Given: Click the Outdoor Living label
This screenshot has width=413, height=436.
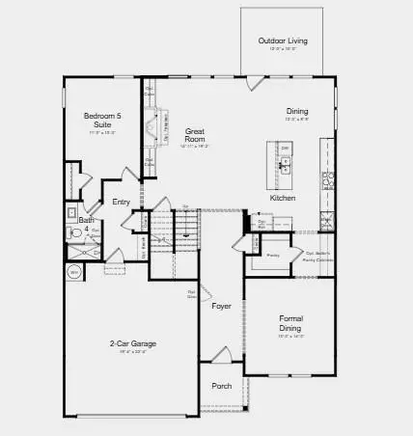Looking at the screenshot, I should pyautogui.click(x=283, y=41).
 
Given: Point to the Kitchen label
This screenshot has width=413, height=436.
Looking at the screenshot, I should pyautogui.click(x=283, y=198).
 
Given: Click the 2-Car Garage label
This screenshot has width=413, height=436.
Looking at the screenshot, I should pyautogui.click(x=133, y=343).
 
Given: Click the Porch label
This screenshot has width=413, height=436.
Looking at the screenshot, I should pyautogui.click(x=222, y=386).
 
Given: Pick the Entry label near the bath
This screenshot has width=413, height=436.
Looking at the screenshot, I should pyautogui.click(x=121, y=202).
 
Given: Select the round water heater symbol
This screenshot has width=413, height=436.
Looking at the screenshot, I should pyautogui.click(x=73, y=273).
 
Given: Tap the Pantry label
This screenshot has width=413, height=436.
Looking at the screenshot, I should pyautogui.click(x=272, y=256).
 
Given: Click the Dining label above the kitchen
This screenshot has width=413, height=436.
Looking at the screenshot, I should pyautogui.click(x=296, y=111).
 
